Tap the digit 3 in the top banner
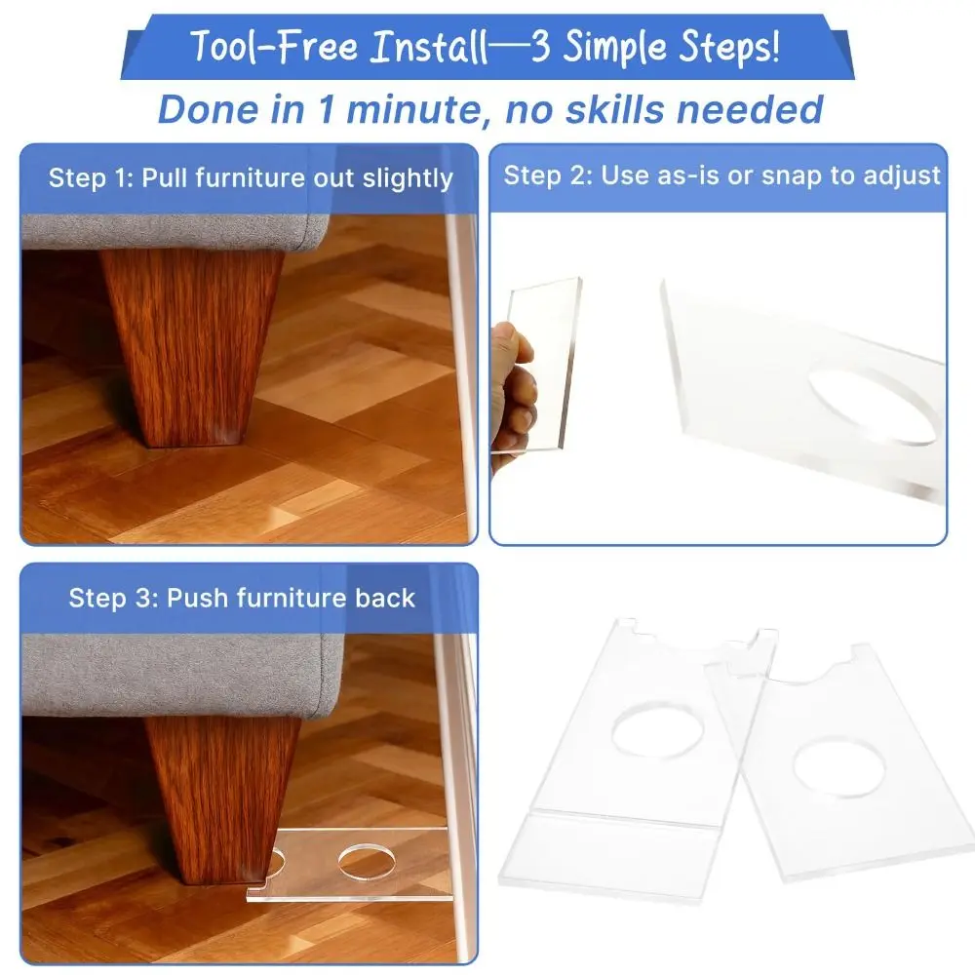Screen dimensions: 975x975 click(x=541, y=47)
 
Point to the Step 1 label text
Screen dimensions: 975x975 click(x=90, y=178)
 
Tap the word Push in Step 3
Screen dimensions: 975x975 click(x=193, y=598)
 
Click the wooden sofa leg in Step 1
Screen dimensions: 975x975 click(x=190, y=341)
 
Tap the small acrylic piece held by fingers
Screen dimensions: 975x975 click(x=546, y=361)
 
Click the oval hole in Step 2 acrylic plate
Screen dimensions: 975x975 click(x=873, y=405)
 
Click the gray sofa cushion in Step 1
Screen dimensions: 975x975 click(x=175, y=230)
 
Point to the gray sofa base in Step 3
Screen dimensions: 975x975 click(x=175, y=673)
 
